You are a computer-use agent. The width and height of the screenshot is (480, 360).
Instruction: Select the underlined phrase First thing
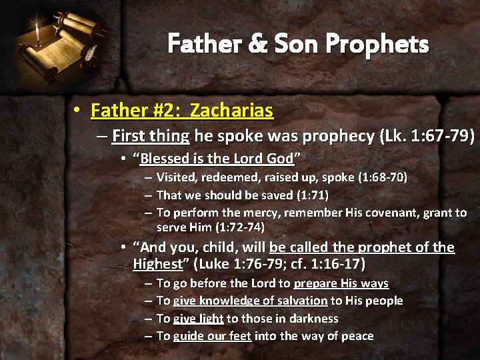151,137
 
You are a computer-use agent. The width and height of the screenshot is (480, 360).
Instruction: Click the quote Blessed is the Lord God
217,159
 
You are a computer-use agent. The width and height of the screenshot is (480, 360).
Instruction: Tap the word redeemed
223,177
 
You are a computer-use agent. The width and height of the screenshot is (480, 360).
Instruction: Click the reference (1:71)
311,195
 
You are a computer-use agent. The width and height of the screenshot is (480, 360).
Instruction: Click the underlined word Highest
157,264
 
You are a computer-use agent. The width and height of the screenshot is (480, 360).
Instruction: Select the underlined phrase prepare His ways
341,283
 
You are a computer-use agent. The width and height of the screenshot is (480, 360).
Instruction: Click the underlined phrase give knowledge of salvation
250,301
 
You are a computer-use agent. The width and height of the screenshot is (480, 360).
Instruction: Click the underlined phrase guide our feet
212,336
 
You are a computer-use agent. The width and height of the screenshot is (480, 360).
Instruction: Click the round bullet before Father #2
79,111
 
